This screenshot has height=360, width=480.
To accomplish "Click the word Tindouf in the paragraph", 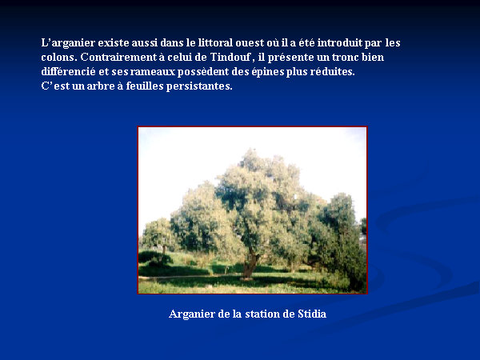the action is pyautogui.click(x=230, y=58).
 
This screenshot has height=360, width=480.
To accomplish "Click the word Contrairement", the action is pyautogui.click(x=118, y=58).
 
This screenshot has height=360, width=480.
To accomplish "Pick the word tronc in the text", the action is pyautogui.click(x=345, y=58).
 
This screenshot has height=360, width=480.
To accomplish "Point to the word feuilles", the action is pyautogui.click(x=145, y=86).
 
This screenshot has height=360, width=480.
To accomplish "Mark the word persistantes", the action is pyautogui.click(x=199, y=86).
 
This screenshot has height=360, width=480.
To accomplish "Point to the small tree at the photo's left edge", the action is pyautogui.click(x=156, y=238).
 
